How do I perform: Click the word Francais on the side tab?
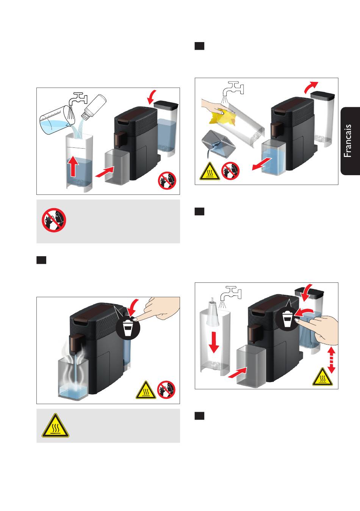click(x=347, y=141)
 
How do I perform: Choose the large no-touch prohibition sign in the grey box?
click(x=54, y=220)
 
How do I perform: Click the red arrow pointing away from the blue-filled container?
click(x=262, y=164)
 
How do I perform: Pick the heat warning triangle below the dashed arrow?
click(x=322, y=377)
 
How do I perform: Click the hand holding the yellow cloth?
click(x=217, y=107)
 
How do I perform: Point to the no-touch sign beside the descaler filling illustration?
click(x=167, y=180)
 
